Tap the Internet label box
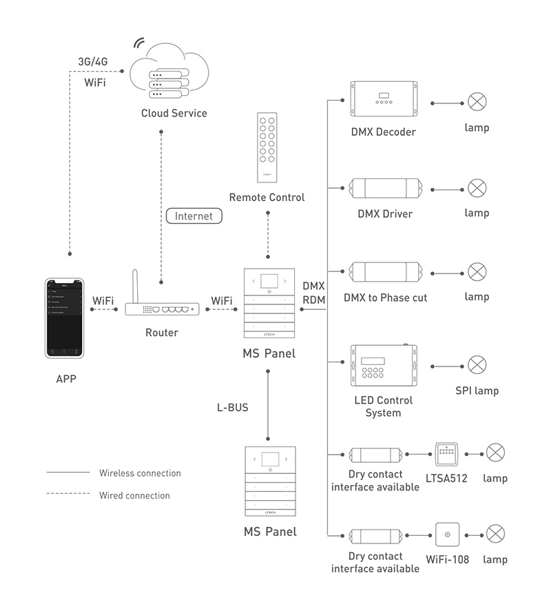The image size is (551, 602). tap(194, 216)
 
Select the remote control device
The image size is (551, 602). tap(267, 147)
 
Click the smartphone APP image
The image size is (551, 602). tap(64, 318)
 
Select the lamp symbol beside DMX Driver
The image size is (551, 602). tap(477, 187)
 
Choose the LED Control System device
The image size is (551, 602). tap(384, 366)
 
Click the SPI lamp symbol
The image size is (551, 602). tap(477, 364)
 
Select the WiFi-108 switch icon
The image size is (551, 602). tap(448, 534)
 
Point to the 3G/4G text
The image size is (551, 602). tap(93, 61)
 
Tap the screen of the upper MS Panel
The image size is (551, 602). tap(268, 280)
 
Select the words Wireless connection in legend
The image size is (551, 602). tap(140, 473)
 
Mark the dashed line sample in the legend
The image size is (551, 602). tap(68, 494)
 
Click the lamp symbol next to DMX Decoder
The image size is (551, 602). tap(477, 103)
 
